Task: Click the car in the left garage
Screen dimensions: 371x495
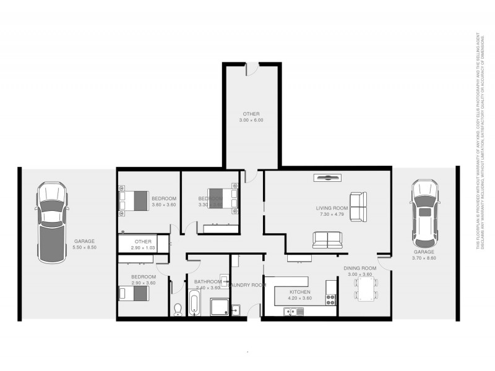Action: [51, 213]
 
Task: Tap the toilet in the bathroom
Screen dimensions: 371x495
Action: [179, 307]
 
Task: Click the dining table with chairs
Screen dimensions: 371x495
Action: [366, 288]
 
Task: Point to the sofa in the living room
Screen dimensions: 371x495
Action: [326, 239]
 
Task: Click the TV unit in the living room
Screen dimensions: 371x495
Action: [327, 178]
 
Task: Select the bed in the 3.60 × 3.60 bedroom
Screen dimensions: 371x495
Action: [135, 200]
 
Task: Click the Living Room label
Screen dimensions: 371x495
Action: [332, 208]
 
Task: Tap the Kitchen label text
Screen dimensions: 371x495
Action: [300, 292]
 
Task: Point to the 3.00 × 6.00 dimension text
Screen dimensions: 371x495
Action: [251, 120]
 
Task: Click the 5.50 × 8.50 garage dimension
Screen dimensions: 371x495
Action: [84, 247]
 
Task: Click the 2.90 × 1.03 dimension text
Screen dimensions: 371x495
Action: [143, 247]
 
